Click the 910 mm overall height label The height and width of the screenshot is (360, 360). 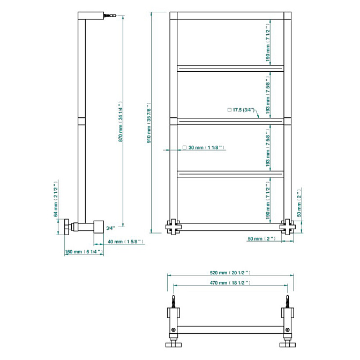149,123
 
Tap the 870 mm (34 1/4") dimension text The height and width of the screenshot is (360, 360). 121,122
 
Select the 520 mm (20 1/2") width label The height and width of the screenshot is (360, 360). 230,273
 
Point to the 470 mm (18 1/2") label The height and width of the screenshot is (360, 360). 230,283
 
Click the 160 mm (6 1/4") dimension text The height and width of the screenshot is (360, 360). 84,252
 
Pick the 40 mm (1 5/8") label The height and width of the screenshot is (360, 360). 126,242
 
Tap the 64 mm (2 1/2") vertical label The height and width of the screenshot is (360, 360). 56,199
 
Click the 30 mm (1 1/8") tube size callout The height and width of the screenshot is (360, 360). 204,147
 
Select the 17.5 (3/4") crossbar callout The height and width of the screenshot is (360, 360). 241,110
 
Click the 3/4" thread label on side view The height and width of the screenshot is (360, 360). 110,228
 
